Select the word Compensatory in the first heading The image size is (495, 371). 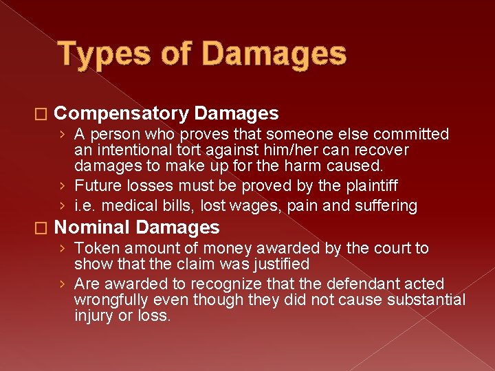coord(121,113)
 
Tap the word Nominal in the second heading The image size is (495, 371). coord(92,227)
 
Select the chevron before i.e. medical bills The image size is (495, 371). coord(63,205)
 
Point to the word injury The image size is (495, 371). coord(92,315)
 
